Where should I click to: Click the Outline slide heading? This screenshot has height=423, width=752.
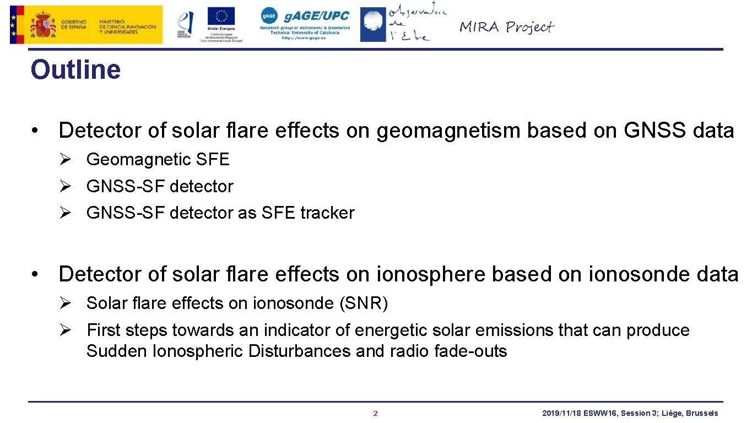click(75, 70)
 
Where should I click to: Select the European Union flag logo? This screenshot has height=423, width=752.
click(221, 17)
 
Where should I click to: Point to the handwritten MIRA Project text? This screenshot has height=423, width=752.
click(506, 26)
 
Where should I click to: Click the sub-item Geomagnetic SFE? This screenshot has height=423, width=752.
click(158, 160)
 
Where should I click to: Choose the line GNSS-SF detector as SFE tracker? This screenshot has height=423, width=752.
click(220, 213)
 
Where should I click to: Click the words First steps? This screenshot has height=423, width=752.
click(127, 330)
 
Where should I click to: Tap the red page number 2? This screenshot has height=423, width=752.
click(376, 414)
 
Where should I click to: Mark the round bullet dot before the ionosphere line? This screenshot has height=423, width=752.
click(35, 274)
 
